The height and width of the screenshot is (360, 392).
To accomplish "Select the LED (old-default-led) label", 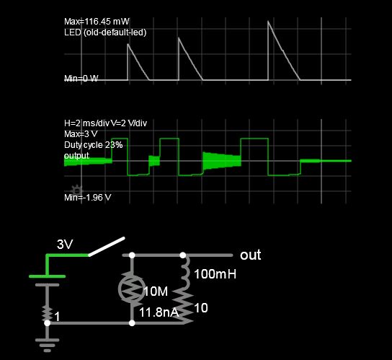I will pyautogui.click(x=106, y=32).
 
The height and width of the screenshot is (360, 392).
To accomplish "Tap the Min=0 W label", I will pyautogui.click(x=81, y=79).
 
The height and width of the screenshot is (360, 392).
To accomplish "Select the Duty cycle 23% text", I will pyautogui.click(x=94, y=145).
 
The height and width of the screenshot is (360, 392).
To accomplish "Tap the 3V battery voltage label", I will pyautogui.click(x=65, y=245).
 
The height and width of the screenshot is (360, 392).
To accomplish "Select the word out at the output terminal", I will pyautogui.click(x=250, y=255).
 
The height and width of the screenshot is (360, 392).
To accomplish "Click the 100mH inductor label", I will pyautogui.click(x=215, y=275).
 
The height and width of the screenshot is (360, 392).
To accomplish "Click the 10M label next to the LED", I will pyautogui.click(x=156, y=291).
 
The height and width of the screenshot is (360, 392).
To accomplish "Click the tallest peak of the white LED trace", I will pyautogui.click(x=269, y=21).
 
